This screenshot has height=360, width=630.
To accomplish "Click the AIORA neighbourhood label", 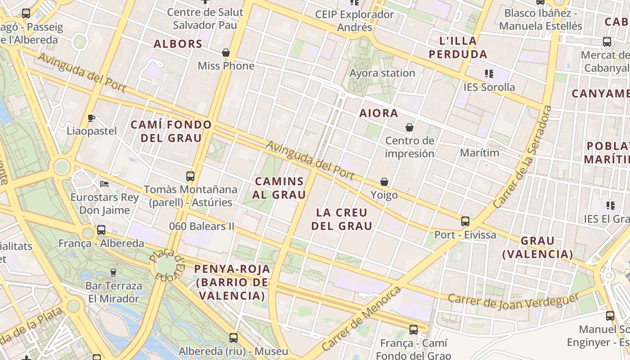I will click(378, 113).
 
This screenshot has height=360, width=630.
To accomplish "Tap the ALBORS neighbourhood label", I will click(178, 44).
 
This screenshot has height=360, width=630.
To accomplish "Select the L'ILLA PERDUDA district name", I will click(458, 48).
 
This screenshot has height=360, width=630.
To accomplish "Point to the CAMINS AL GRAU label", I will click(280, 188).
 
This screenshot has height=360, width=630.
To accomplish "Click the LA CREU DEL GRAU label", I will click(342, 219).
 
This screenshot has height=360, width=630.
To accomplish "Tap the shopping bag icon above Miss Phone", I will click(226, 53).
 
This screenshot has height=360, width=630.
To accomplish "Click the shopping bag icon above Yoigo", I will click(384, 182).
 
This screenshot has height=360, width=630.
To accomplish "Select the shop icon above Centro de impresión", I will click(409, 127).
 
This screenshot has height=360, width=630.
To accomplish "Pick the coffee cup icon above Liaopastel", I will click(91, 118).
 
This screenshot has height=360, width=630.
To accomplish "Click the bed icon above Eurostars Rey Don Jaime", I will click(104, 184).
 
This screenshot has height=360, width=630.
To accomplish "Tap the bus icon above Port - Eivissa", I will click(465, 221).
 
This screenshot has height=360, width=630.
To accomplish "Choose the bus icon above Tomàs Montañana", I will click(190, 176).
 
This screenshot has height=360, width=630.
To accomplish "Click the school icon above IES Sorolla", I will click(489, 73).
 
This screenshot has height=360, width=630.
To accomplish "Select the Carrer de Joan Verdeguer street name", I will click(513, 302).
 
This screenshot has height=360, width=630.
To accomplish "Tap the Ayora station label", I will click(382, 73).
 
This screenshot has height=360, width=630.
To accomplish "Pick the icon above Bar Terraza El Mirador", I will click(113, 272).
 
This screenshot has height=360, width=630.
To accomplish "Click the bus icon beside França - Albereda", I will click(101, 230).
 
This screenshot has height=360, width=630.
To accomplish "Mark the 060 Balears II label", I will click(202, 226).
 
